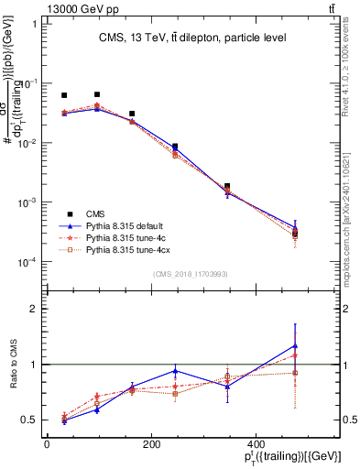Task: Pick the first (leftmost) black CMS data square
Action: pos(64,95)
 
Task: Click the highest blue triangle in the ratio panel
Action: pos(295,345)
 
